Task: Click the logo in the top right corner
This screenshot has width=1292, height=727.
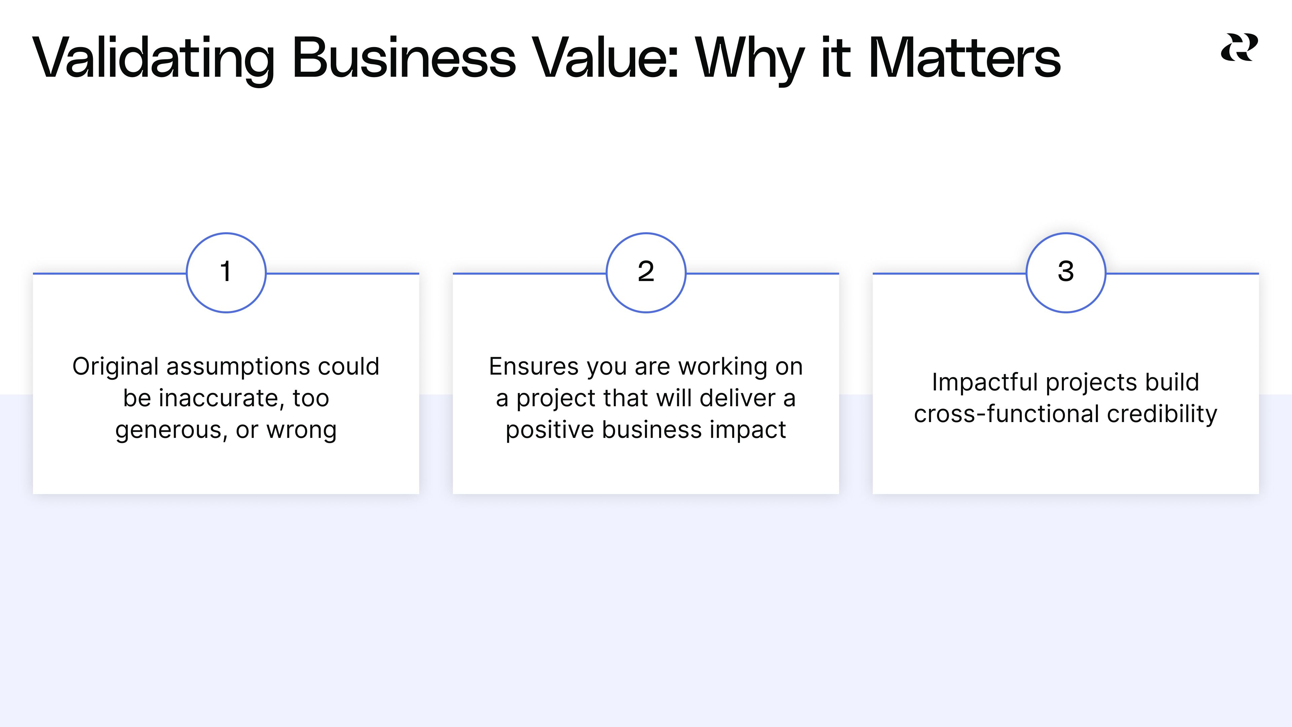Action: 1239,48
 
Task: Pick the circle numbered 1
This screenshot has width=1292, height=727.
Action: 226,272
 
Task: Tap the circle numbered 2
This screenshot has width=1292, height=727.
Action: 646,272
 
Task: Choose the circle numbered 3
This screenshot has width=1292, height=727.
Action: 1066,272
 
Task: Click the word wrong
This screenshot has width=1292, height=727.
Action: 301,430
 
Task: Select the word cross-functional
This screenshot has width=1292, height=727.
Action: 1007,414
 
